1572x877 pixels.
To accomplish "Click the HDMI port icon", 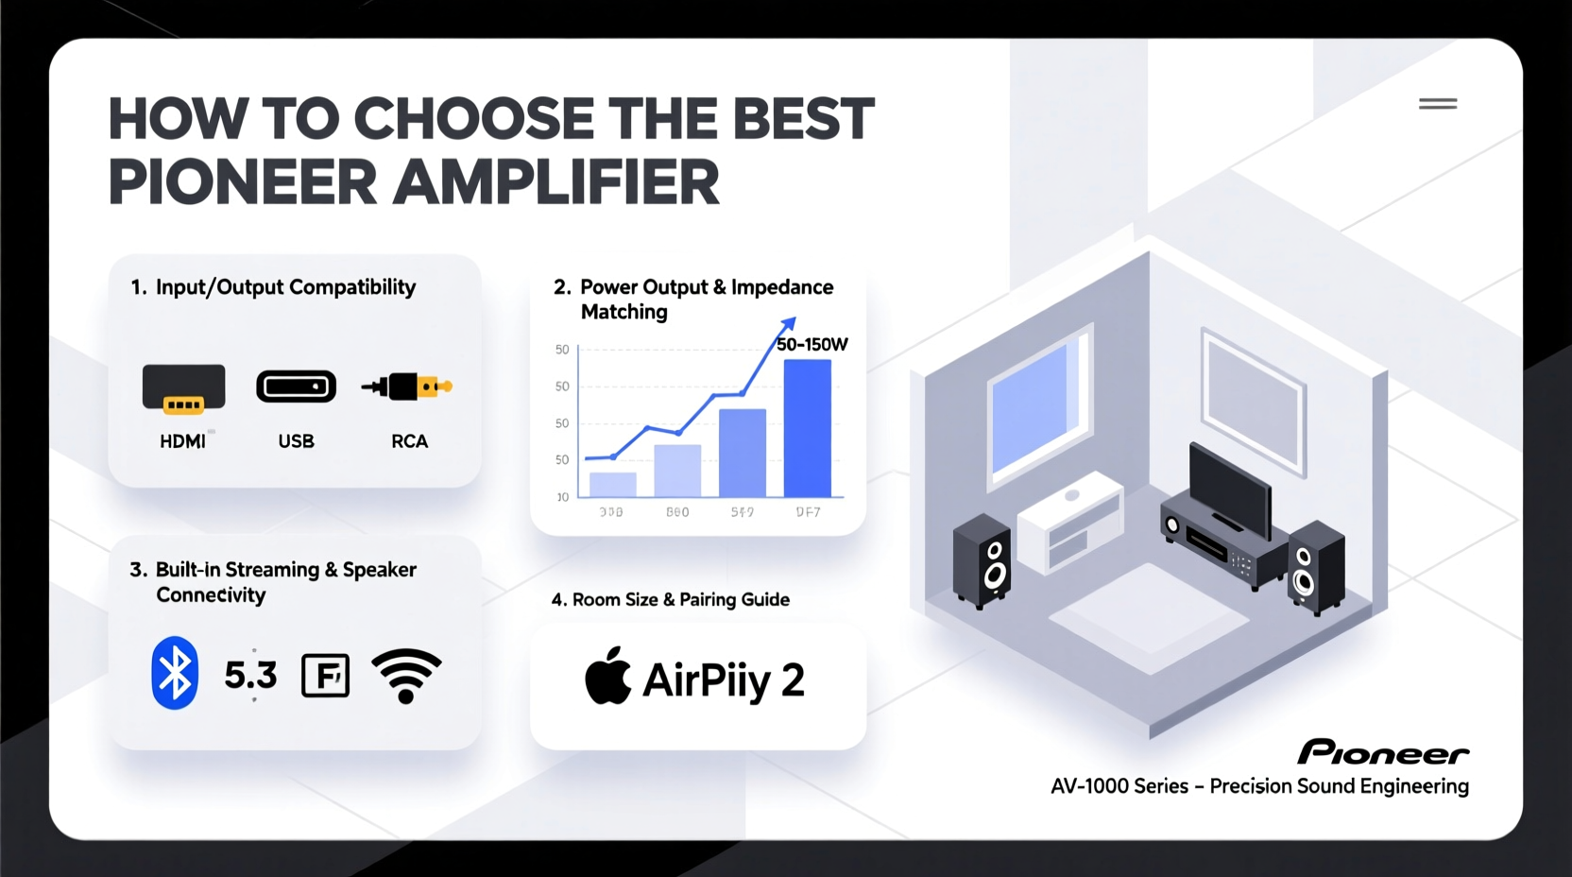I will click(183, 387).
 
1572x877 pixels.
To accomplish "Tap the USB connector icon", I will click(296, 387).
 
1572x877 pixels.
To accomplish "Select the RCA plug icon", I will click(408, 386).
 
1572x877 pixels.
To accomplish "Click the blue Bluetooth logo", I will click(175, 673).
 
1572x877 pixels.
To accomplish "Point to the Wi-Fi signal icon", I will click(406, 675).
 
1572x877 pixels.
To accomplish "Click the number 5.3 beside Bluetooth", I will click(250, 675).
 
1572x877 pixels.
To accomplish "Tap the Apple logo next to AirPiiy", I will click(607, 677).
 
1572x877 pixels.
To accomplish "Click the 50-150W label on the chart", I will click(812, 345).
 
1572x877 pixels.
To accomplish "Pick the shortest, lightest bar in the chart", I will click(612, 484).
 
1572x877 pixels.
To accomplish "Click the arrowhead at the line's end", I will click(788, 324).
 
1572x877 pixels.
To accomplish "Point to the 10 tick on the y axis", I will click(563, 496).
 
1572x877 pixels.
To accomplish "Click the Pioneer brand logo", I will click(1382, 752).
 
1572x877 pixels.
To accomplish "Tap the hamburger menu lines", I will click(1437, 104).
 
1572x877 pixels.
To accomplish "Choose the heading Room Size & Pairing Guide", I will click(671, 599).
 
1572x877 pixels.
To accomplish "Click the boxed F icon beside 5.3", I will click(325, 676).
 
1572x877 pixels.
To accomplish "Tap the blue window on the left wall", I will click(1035, 409).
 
